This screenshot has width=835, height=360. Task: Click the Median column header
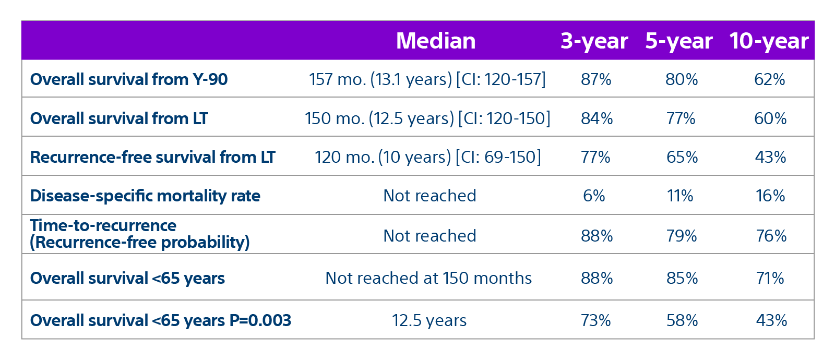tap(436, 41)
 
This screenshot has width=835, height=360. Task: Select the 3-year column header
tap(594, 41)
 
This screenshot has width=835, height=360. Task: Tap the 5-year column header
tap(678, 41)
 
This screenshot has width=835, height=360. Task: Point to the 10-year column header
tap(769, 41)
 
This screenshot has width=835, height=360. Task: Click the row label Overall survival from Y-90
tap(129, 79)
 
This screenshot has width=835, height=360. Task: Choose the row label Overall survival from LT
tap(119, 118)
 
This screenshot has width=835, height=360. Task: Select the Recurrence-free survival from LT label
tap(152, 157)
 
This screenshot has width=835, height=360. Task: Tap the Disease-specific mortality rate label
tap(145, 196)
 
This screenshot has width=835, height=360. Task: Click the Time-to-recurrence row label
tap(139, 234)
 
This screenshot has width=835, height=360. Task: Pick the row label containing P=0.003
tap(161, 320)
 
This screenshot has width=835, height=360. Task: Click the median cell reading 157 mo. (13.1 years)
tap(427, 79)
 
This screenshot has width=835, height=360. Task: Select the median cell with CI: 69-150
tap(427, 157)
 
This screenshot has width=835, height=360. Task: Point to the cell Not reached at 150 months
tap(428, 278)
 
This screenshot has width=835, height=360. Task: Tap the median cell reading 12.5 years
tap(429, 320)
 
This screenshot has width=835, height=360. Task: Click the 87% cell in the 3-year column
tap(596, 79)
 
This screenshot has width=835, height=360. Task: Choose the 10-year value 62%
tap(770, 79)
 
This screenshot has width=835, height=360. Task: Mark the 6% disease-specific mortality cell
tap(594, 196)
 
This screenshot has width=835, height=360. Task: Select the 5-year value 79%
tap(682, 236)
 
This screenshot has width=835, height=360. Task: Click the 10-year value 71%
tap(770, 278)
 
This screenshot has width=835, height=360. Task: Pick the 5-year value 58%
tap(682, 320)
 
